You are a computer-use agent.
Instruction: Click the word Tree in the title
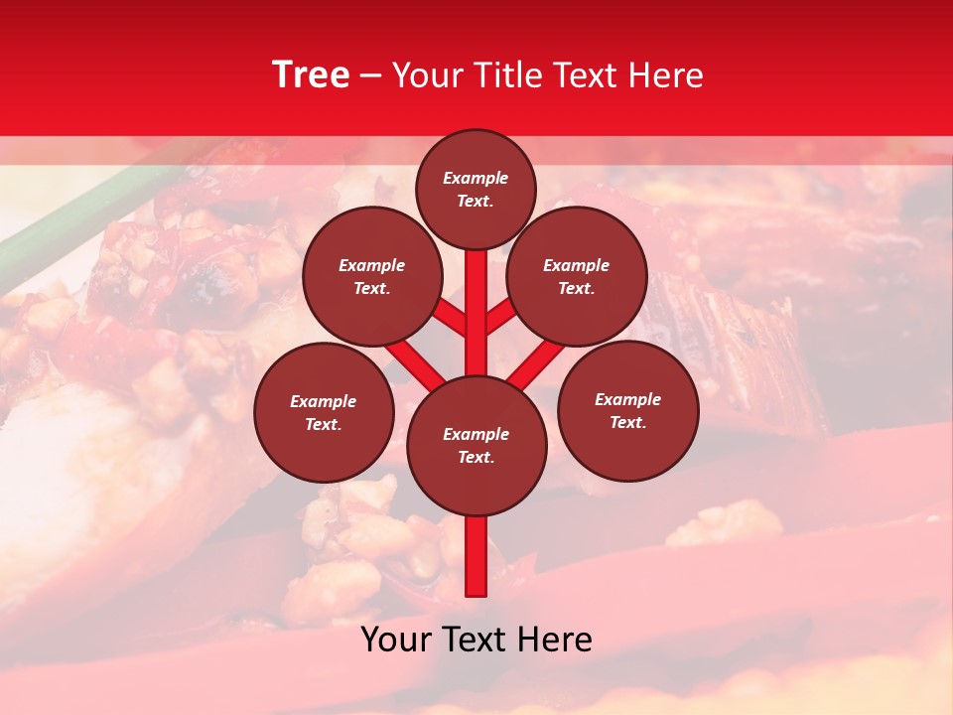point(311,75)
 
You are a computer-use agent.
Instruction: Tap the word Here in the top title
point(666,75)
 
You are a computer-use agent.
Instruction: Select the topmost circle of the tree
point(476,189)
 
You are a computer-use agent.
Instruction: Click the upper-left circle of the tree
point(372,276)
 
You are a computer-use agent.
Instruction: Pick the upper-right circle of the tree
point(577,276)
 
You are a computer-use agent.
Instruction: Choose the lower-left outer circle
point(324,412)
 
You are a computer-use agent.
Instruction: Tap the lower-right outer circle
point(628,410)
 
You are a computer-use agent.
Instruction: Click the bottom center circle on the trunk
point(476,446)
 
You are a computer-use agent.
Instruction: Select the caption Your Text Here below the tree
point(476,640)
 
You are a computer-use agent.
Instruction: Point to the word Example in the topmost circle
point(476,178)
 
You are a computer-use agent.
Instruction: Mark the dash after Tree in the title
point(371,76)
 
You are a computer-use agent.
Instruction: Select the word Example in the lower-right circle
point(628,399)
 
